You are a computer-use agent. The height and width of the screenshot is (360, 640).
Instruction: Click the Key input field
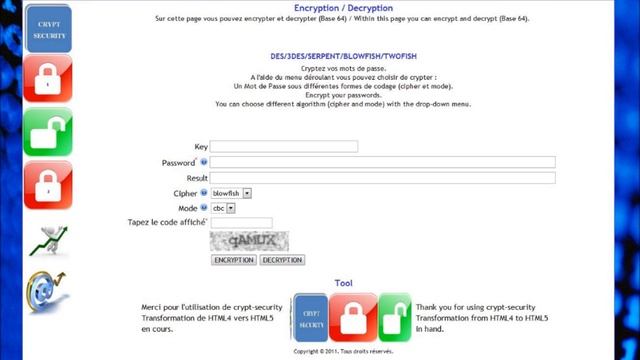(x=283, y=147)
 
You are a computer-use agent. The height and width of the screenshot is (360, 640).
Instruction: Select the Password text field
(x=382, y=162)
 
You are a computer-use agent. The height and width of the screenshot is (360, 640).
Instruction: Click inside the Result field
(x=382, y=178)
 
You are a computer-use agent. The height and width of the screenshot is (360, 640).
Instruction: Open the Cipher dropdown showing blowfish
(x=231, y=193)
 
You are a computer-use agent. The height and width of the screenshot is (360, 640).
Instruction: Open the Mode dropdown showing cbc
(x=223, y=208)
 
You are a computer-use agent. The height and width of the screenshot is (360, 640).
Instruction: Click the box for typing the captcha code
(x=241, y=223)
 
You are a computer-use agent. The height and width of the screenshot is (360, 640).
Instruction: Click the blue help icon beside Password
(x=203, y=161)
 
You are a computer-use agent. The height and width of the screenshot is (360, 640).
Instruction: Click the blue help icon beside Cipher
(x=203, y=192)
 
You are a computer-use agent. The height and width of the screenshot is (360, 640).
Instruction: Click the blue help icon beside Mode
(x=203, y=207)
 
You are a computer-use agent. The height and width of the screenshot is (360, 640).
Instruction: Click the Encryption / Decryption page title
(x=343, y=8)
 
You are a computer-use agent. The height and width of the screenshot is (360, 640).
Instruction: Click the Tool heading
(x=343, y=284)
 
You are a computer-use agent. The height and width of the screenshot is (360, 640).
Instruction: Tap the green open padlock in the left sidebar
(x=48, y=132)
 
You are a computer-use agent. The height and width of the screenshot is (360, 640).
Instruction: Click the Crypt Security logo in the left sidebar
(x=48, y=27)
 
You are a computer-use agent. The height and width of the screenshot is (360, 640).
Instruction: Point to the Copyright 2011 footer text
(x=343, y=352)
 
